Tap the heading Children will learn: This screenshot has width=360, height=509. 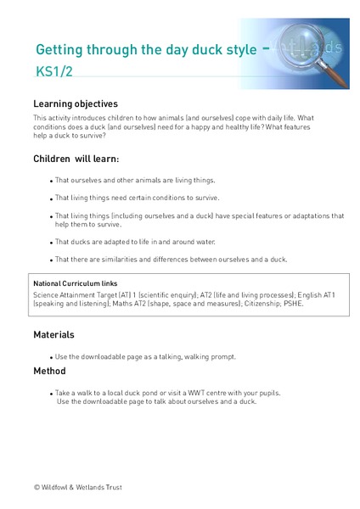click(76, 159)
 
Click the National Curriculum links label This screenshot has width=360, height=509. click(75, 282)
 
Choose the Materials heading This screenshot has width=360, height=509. click(53, 334)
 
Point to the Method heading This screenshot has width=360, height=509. click(49, 371)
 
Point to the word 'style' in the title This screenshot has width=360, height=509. click(236, 50)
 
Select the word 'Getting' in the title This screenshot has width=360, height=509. click(58, 50)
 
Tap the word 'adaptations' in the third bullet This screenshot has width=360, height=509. click(287, 215)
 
